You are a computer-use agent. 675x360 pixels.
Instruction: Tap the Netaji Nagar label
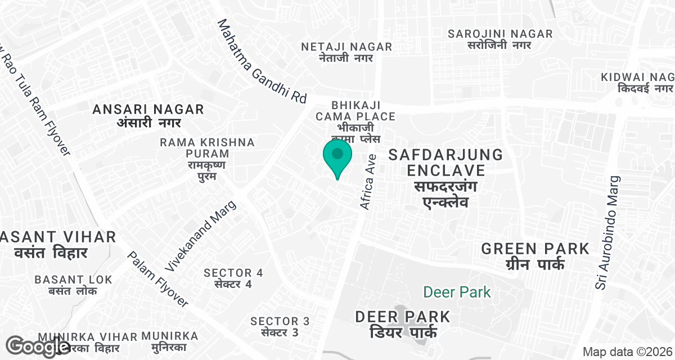click(346, 52)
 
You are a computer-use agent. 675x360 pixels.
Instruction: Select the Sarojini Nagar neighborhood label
click(500, 39)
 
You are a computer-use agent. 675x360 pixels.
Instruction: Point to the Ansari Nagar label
click(149, 115)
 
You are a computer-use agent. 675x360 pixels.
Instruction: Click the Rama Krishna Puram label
click(208, 159)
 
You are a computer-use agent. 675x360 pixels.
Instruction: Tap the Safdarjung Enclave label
click(445, 177)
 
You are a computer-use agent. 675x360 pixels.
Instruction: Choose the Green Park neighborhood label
click(535, 256)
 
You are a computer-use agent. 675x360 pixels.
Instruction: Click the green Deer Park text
click(457, 292)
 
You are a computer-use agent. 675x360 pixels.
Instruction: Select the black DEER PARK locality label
click(403, 324)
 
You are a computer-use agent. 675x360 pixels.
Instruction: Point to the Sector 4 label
click(233, 278)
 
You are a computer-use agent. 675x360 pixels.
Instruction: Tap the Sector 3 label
click(280, 327)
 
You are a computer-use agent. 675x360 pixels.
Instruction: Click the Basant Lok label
click(73, 285)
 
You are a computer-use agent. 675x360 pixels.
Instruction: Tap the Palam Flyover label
click(157, 280)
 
